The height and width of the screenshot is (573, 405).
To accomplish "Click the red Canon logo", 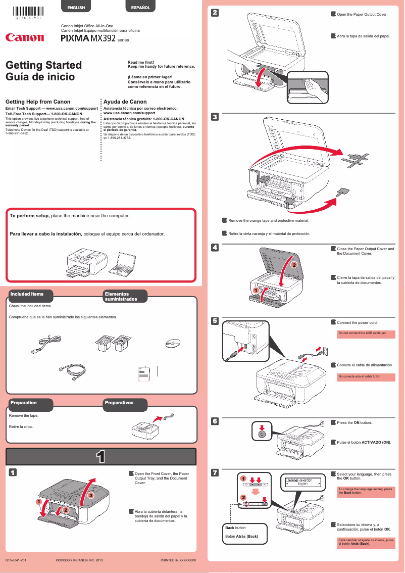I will coord(25,37).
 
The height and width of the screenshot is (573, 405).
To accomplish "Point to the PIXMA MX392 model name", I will coord(88,38).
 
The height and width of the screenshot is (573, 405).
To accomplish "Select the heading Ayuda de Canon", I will coord(125,102).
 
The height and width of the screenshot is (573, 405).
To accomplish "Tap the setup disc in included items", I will coord(172,343).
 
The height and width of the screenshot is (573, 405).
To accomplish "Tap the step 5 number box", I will coord(215,321).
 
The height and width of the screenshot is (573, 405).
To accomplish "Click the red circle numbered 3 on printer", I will coord(90,496).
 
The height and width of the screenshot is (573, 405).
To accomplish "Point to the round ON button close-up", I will coord(261,433).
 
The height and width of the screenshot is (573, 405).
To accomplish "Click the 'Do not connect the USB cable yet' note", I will coord(366,334).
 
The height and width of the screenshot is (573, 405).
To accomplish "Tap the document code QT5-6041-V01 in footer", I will coord(16,560).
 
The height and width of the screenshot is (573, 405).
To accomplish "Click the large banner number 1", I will coord(100,457).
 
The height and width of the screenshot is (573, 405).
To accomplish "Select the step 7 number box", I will coord(215,473).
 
